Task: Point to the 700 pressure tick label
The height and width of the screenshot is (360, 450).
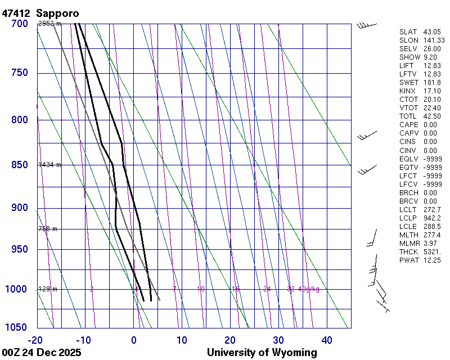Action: pos(20,24)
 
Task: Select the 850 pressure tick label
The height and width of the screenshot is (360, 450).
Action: pos(20,165)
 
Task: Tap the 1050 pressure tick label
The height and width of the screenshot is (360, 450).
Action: pos(17,327)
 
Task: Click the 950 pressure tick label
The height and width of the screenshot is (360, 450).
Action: pos(20,249)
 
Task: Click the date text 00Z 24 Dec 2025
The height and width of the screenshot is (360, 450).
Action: pos(42,353)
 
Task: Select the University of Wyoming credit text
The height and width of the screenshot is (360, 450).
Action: pos(262,353)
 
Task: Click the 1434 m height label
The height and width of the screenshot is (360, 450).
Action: pos(49,165)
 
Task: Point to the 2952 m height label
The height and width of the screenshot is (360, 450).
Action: pos(49,24)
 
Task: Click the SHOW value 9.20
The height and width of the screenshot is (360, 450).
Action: pos(430,57)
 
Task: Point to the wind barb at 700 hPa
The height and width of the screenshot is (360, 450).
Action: pos(365,24)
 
